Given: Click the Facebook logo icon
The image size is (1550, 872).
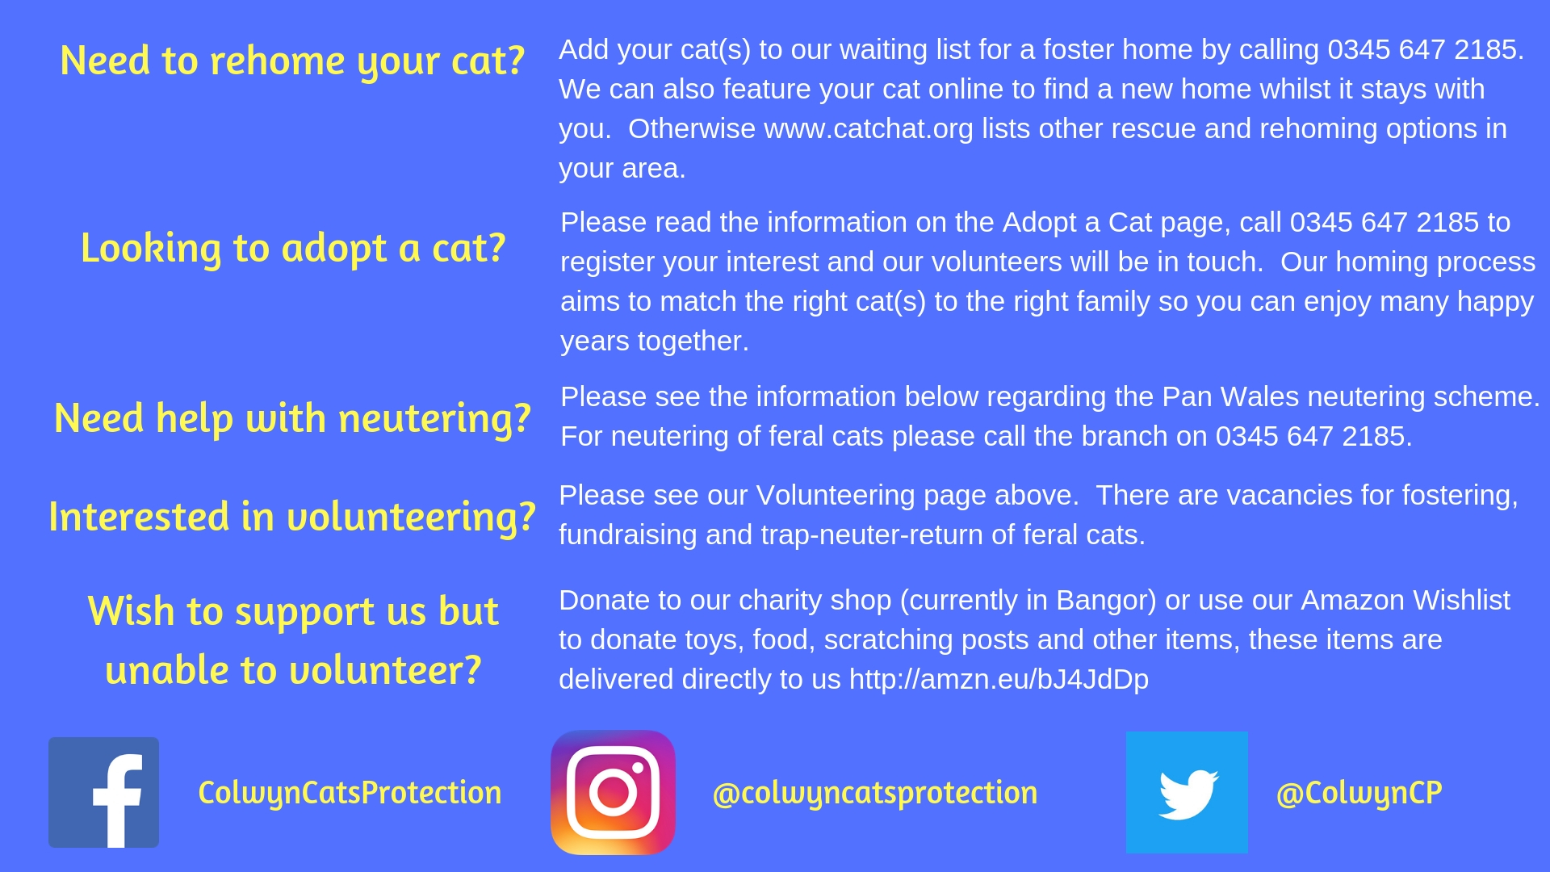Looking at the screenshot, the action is click(103, 792).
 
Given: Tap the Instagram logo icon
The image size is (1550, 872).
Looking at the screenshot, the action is click(613, 792).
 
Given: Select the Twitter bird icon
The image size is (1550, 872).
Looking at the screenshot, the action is click(1187, 792).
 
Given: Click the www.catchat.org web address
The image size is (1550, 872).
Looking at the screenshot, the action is click(869, 129).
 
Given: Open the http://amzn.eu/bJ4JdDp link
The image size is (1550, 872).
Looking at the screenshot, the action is click(999, 680).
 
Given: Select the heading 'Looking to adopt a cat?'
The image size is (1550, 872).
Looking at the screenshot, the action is click(293, 249).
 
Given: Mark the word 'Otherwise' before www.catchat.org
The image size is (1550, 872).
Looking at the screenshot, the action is click(692, 129).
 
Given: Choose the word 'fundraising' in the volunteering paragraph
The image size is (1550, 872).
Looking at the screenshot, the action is click(628, 535).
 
